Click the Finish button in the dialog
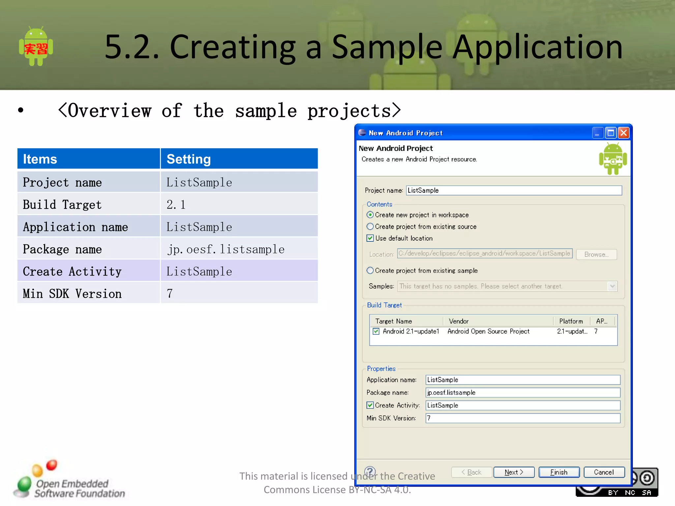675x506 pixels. pos(559,472)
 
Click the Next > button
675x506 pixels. pos(514,472)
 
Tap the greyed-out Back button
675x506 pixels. pos(471,472)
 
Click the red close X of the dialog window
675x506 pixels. pos(623,133)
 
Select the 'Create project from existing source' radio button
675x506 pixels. pos(370,227)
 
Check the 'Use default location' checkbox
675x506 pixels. pos(370,238)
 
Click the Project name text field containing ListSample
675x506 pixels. pos(514,190)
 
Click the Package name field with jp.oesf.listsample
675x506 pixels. pos(522,392)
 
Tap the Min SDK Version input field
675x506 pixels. pos(522,418)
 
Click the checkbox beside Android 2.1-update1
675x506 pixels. pos(376,331)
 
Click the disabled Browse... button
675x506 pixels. pos(596,254)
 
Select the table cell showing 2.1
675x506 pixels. pos(239,205)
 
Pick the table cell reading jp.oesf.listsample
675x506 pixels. pos(239,249)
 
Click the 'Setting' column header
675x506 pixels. pos(239,159)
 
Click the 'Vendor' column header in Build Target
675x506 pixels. pos(458,321)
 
